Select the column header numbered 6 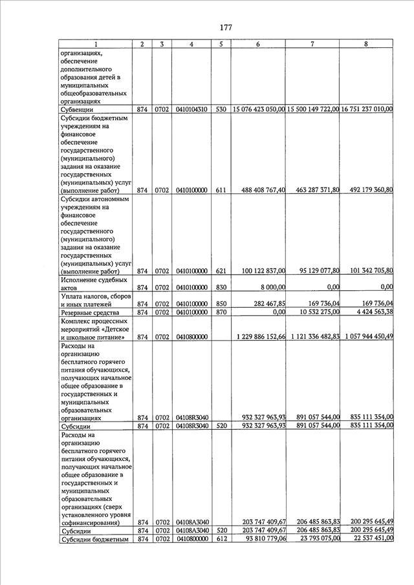(257, 44)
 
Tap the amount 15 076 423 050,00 (259, 109)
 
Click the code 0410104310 (191, 109)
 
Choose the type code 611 (221, 190)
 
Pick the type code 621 (221, 270)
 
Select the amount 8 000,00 (272, 287)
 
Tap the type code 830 (221, 287)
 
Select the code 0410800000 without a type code (191, 337)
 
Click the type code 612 (221, 538)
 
